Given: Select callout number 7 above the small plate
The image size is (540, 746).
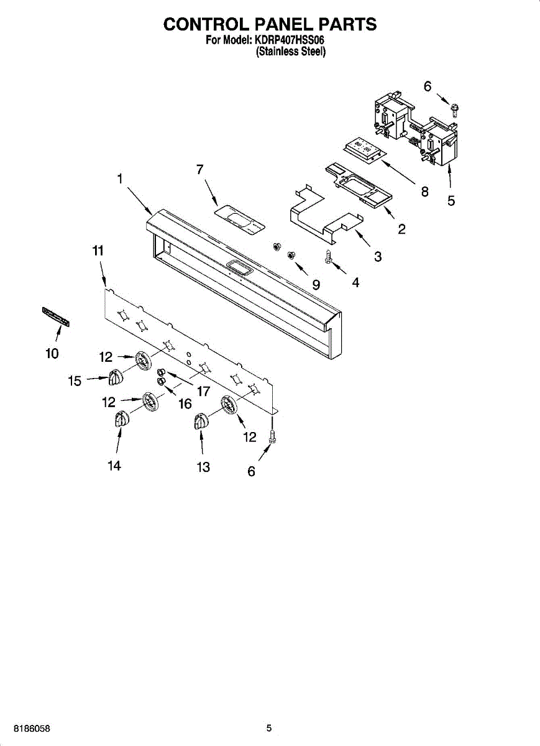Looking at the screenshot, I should tap(200, 169).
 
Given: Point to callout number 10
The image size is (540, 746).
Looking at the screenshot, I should tap(52, 354).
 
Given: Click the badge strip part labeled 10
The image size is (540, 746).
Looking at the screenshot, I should tap(56, 316).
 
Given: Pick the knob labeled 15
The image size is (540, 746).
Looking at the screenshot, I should tap(114, 377).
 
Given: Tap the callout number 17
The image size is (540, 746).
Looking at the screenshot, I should tap(203, 392).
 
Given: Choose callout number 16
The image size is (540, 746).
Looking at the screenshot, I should tap(185, 404).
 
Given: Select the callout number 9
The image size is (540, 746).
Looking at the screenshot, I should tap(316, 285).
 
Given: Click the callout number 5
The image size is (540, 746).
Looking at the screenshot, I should tap(451, 201).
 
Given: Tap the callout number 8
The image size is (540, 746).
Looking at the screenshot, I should tap(425, 192).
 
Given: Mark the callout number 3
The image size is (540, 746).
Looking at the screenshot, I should tap(378, 256).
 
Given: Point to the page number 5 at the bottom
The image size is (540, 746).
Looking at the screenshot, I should tap(269, 728).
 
